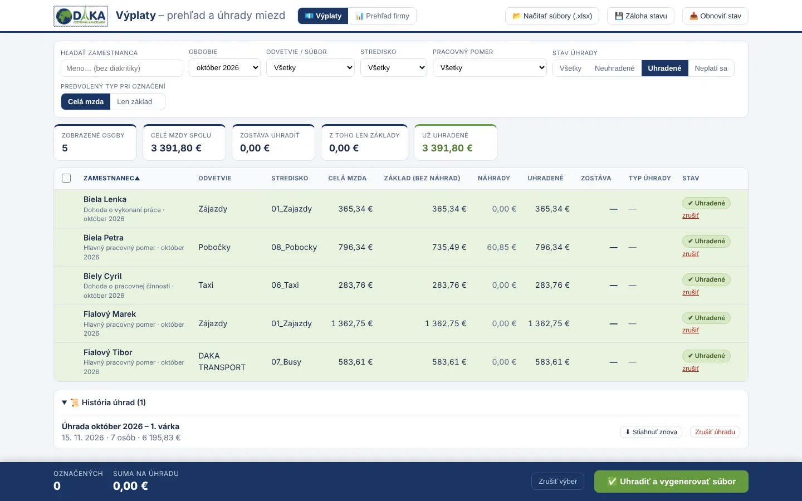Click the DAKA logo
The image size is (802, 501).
click(x=81, y=16)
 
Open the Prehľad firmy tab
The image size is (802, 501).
click(x=382, y=16)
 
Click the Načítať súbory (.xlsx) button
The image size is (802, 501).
click(x=552, y=16)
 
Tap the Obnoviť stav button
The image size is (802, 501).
click(x=715, y=16)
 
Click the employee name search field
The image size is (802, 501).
click(x=122, y=68)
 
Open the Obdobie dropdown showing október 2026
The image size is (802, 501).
click(x=224, y=68)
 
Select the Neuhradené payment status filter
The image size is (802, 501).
click(x=614, y=68)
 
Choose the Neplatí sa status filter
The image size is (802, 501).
click(x=711, y=68)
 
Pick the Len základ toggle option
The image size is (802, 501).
click(x=135, y=102)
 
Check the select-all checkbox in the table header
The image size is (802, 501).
click(x=66, y=178)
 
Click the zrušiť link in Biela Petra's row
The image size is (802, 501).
click(x=690, y=254)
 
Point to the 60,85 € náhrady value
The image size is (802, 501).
click(x=501, y=247)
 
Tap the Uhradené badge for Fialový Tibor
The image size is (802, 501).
click(x=706, y=356)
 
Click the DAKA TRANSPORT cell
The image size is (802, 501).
click(x=222, y=361)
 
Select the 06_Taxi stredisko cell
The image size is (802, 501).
click(x=285, y=285)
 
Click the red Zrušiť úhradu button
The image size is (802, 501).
click(x=715, y=432)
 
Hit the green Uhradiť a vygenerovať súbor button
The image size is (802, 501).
click(x=671, y=482)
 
